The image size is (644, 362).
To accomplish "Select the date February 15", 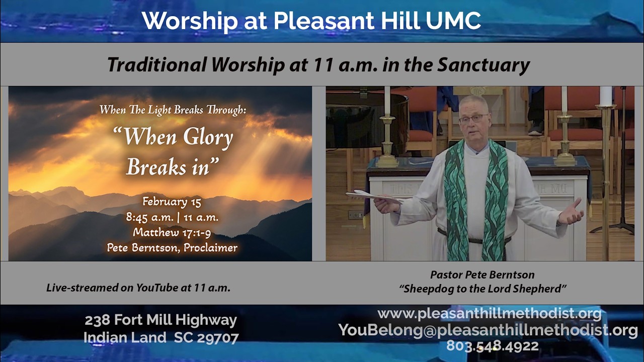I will (x=172, y=202).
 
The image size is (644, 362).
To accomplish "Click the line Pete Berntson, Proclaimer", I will (x=172, y=247).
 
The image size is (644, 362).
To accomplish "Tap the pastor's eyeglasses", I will (x=473, y=119).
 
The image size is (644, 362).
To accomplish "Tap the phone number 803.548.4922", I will (x=492, y=346).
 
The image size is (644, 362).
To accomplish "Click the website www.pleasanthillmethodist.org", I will (x=489, y=314).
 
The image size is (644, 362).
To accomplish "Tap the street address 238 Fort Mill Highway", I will (x=160, y=320).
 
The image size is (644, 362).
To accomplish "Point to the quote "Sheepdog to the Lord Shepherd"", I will (x=482, y=289).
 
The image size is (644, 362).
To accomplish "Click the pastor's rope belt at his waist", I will (x=473, y=240).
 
